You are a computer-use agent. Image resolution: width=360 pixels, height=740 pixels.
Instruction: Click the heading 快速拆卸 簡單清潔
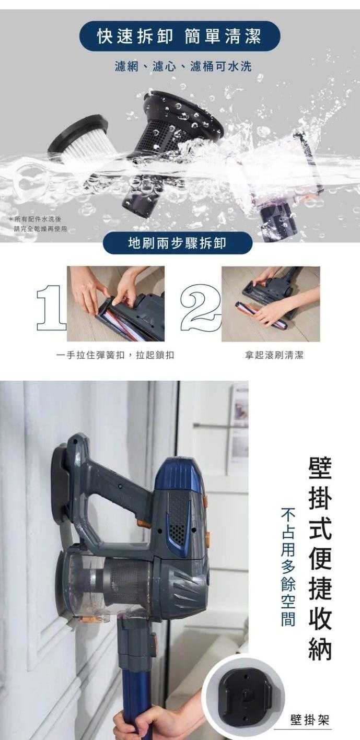[179, 37]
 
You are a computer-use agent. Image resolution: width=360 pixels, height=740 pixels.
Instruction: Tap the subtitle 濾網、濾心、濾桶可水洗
[183, 67]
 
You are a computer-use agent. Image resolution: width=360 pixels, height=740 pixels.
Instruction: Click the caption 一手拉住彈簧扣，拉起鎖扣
[115, 355]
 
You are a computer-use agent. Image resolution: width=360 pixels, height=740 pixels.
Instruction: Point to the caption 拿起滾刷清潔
[274, 355]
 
